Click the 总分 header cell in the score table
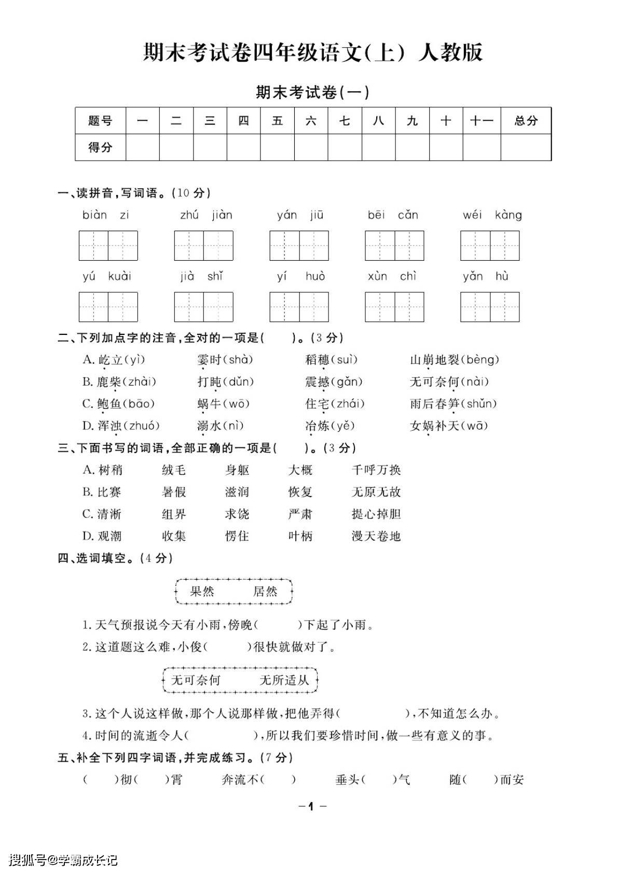(x=526, y=121)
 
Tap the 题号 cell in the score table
(x=100, y=121)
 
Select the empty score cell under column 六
(x=311, y=147)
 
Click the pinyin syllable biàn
(x=94, y=215)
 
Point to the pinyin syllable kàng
(x=508, y=215)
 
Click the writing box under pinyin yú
(x=93, y=307)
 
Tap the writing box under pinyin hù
(x=504, y=307)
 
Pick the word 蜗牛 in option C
(x=210, y=404)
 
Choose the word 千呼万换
(x=376, y=470)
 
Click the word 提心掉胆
(x=376, y=514)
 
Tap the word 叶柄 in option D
(x=300, y=536)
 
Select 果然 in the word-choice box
(x=202, y=592)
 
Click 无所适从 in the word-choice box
(x=284, y=680)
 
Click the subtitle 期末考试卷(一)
(x=312, y=92)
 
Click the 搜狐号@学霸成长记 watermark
(x=63, y=860)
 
